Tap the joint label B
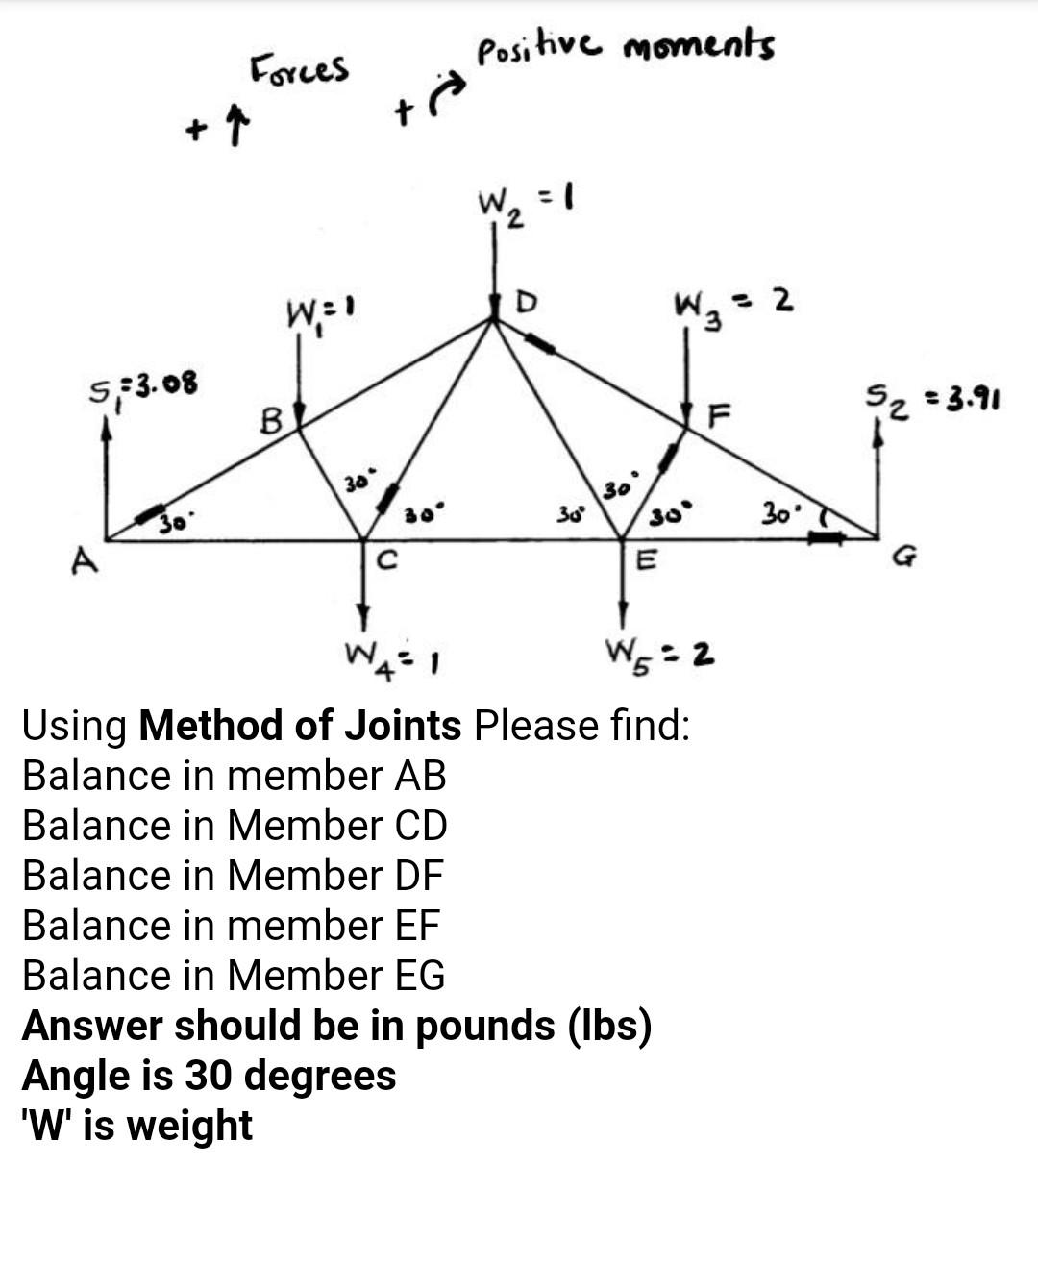272,420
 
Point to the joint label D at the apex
526,302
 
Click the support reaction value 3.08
165,384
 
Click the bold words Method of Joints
300,725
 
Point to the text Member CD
337,825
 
